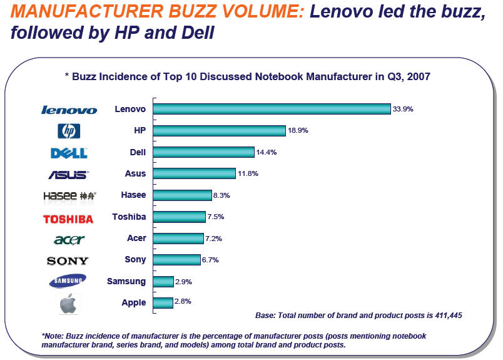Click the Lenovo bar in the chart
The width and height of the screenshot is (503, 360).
[x=272, y=109]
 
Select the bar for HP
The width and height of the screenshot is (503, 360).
[x=219, y=130]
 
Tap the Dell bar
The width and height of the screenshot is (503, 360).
[x=203, y=152]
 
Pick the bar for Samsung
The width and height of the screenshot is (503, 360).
[x=163, y=281]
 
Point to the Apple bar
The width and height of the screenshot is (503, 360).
[x=163, y=302]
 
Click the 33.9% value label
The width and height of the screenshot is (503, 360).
[x=403, y=109]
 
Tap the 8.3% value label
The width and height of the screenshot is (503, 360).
[x=222, y=195]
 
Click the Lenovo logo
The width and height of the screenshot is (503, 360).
[x=69, y=110]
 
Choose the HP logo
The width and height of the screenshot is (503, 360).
[x=69, y=131]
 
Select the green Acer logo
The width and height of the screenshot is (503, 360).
[x=69, y=240]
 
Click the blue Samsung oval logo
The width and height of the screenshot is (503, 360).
[x=68, y=282]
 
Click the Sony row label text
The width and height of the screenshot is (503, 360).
[x=135, y=260]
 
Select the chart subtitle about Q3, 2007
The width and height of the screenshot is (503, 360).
[x=248, y=76]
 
